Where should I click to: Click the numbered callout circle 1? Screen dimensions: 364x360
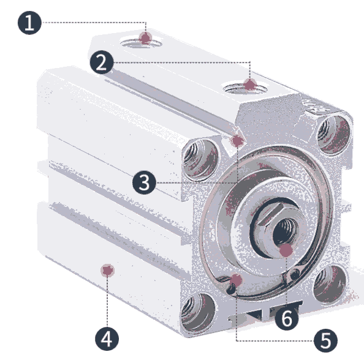pyautogui.click(x=29, y=23)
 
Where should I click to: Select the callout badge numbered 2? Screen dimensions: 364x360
pyautogui.click(x=102, y=62)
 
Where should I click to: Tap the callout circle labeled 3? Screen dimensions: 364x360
pyautogui.click(x=144, y=182)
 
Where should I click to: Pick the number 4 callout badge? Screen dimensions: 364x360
pyautogui.click(x=107, y=339)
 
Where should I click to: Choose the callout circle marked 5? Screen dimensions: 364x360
pyautogui.click(x=325, y=340)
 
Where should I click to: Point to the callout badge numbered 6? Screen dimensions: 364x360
pyautogui.click(x=287, y=318)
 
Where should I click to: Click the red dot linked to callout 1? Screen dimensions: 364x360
pyautogui.click(x=145, y=38)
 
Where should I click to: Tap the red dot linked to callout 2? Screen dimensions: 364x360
pyautogui.click(x=250, y=84)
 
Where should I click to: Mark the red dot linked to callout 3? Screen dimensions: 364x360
pyautogui.click(x=237, y=141)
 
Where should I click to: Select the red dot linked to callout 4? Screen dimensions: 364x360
pyautogui.click(x=107, y=271)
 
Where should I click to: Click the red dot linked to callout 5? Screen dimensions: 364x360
pyautogui.click(x=236, y=280)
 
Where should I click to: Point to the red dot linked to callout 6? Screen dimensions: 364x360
pyautogui.click(x=286, y=250)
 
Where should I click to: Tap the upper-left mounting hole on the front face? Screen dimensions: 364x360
pyautogui.click(x=200, y=159)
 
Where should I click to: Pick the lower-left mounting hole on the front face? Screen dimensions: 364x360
pyautogui.click(x=197, y=312)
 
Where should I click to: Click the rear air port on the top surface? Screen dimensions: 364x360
pyautogui.click(x=142, y=43)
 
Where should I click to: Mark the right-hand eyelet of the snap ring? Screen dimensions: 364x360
pyautogui.click(x=295, y=275)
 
